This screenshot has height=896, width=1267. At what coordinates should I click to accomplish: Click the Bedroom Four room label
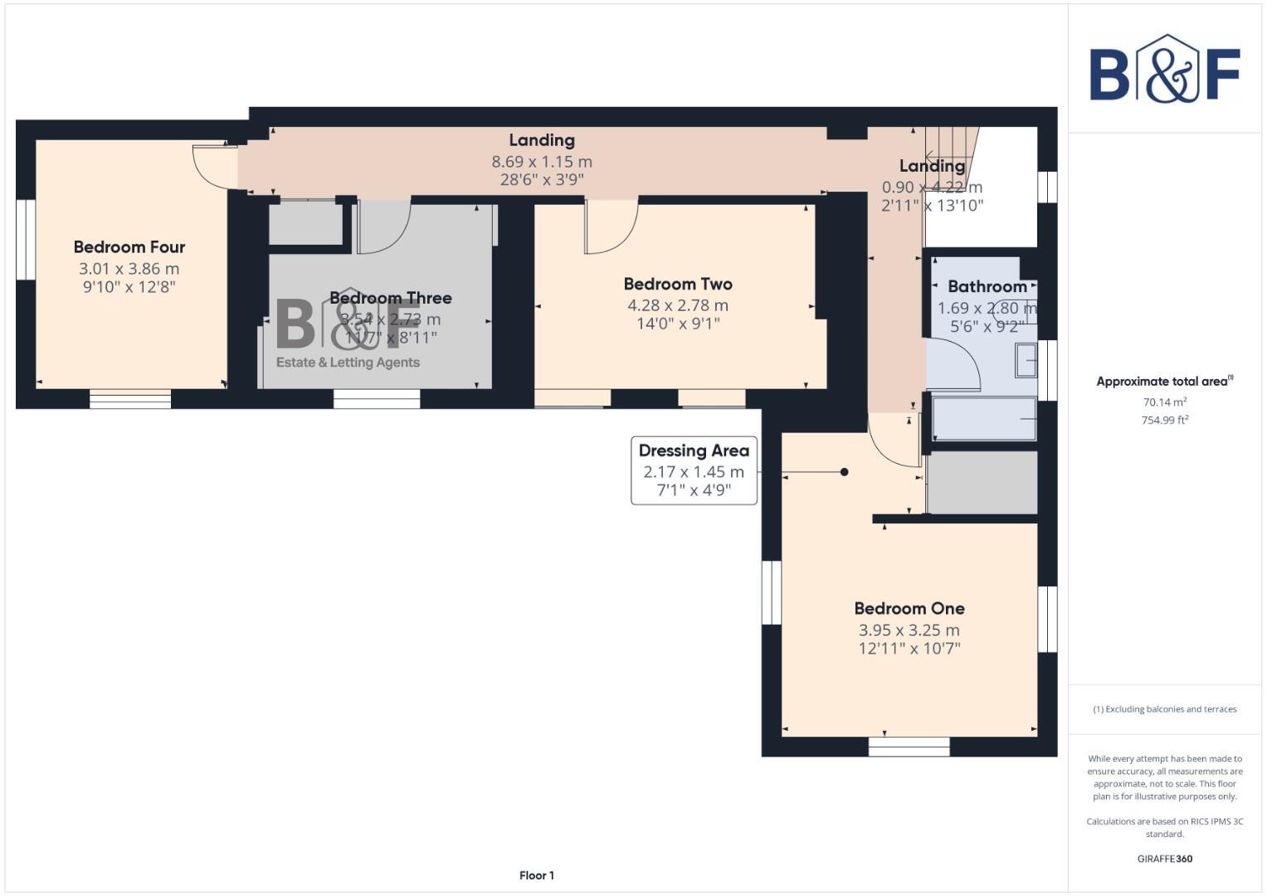(x=129, y=247)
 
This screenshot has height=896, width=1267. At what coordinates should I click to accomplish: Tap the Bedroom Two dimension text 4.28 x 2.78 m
(x=678, y=305)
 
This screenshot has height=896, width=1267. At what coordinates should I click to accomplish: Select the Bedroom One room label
(x=909, y=608)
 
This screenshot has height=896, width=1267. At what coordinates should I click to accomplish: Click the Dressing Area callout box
(x=694, y=470)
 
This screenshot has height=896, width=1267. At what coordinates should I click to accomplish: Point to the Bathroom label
(x=987, y=286)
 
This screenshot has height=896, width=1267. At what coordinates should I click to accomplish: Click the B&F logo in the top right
(x=1165, y=70)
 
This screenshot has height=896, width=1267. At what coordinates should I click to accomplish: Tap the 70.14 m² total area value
(x=1165, y=402)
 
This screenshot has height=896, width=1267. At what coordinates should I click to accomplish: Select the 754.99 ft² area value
(x=1165, y=420)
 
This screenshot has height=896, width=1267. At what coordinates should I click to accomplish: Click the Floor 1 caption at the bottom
(x=537, y=875)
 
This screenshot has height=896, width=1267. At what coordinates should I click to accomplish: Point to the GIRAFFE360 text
(x=1165, y=859)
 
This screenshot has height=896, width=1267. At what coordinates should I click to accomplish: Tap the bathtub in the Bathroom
(x=984, y=419)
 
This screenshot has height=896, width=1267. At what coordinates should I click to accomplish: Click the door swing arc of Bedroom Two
(x=612, y=228)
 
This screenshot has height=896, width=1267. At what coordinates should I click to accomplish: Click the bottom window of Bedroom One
(x=909, y=747)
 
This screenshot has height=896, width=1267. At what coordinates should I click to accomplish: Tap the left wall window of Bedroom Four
(x=26, y=239)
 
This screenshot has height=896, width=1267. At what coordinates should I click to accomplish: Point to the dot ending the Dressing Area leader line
(x=844, y=472)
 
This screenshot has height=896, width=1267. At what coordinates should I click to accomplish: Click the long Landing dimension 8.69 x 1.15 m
(x=542, y=161)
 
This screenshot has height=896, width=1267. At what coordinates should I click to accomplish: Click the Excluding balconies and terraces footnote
(x=1165, y=709)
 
